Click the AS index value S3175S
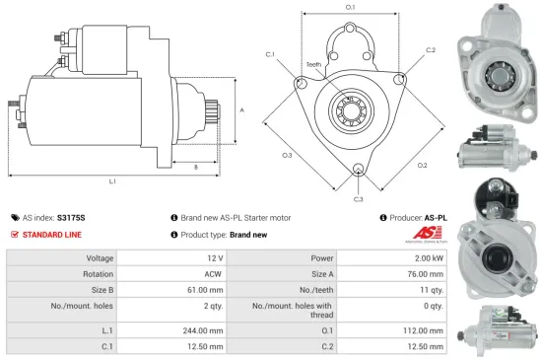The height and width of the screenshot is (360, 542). (72, 217)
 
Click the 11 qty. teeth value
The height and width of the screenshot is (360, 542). (432, 291)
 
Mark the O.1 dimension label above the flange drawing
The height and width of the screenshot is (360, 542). (350, 7)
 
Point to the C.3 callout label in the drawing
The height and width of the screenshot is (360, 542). (358, 199)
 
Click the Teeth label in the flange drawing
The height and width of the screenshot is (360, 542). (313, 64)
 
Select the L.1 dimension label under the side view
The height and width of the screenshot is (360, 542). (112, 181)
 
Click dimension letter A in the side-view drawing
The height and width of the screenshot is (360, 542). (241, 109)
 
